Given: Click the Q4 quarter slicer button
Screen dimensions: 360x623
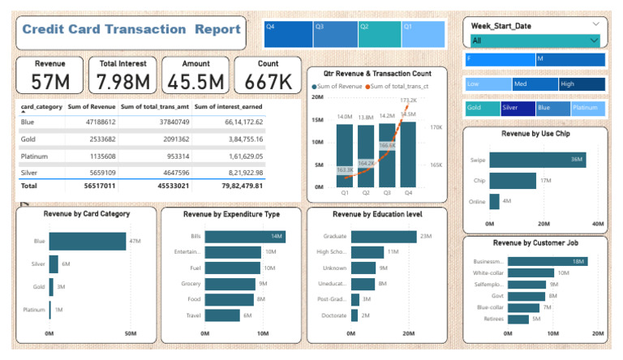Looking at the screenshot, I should pyautogui.click(x=288, y=34).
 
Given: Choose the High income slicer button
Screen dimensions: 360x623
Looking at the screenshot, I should pyautogui.click(x=581, y=84).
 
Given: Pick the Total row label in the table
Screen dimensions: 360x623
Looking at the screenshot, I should pyautogui.click(x=29, y=185).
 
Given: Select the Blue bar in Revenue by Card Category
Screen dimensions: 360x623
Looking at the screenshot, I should pyautogui.click(x=87, y=241).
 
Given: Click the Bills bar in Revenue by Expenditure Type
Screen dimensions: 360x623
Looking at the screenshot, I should pyautogui.click(x=243, y=236).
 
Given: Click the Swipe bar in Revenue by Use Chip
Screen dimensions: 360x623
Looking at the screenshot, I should pyautogui.click(x=536, y=160).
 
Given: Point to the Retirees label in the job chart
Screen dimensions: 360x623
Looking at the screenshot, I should pyautogui.click(x=493, y=319).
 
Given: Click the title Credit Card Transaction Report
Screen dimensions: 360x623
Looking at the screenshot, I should pyautogui.click(x=131, y=30).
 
